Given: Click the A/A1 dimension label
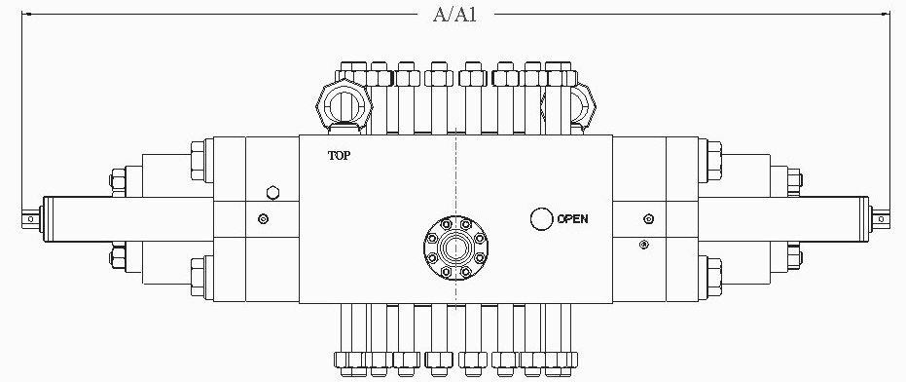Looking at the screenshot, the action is coord(454,15).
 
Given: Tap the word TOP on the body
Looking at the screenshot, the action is coord(340,155).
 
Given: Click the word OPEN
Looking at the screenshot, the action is coord(572,219).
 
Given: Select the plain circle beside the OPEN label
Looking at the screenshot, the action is coord(542,219).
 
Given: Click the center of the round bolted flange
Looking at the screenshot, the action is coord(456,247).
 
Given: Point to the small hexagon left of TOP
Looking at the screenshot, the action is coord(272,193).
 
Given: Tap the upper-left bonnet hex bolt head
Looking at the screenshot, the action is coord(198,162).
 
